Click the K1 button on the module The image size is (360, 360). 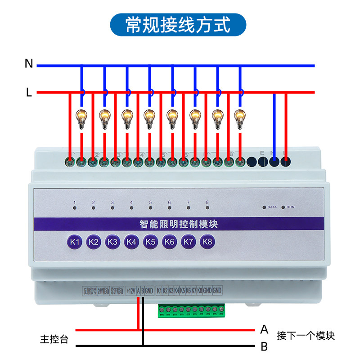point(75,242)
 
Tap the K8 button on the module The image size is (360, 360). point(207,242)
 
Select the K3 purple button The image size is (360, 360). point(112,242)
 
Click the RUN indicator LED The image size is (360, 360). point(283,207)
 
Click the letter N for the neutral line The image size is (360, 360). point(29,64)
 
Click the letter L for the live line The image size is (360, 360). point(29,93)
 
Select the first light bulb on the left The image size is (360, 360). point(81,119)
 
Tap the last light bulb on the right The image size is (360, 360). point(240,119)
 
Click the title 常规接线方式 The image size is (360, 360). point(178,25)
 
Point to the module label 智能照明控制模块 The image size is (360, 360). point(179,224)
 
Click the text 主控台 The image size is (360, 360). point(54,339)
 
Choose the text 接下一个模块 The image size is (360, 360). point(306,336)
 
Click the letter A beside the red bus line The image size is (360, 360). point(264,330)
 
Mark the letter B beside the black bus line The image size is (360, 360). point(264,347)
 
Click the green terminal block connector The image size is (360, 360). point(191,310)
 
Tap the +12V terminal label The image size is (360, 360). point(131,291)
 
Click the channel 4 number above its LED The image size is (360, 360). point(131,202)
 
